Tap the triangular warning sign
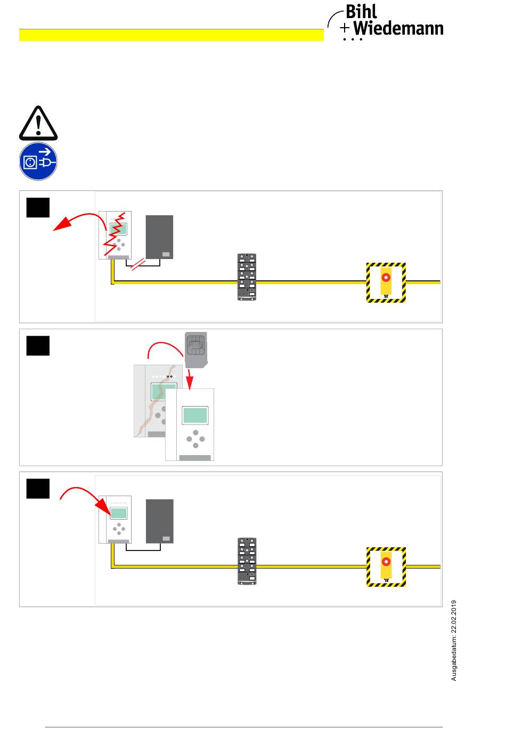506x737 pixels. click(x=38, y=124)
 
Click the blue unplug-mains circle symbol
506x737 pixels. click(x=38, y=161)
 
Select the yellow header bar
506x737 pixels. click(x=172, y=35)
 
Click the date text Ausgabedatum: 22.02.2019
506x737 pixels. click(x=454, y=640)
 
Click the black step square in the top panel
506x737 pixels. click(x=38, y=208)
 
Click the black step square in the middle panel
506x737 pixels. click(x=38, y=346)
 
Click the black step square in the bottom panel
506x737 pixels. click(x=38, y=489)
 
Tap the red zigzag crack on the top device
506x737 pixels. click(x=115, y=234)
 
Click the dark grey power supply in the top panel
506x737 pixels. click(x=159, y=237)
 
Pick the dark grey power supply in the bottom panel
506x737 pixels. click(x=159, y=521)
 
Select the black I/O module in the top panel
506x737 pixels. click(x=247, y=277)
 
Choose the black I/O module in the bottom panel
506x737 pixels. click(x=247, y=561)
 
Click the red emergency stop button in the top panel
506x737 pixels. click(x=386, y=278)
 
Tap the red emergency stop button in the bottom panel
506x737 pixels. click(x=386, y=562)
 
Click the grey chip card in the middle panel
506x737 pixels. click(x=197, y=350)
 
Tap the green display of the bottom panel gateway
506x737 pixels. click(x=118, y=513)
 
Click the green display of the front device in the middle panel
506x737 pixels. click(x=195, y=415)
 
